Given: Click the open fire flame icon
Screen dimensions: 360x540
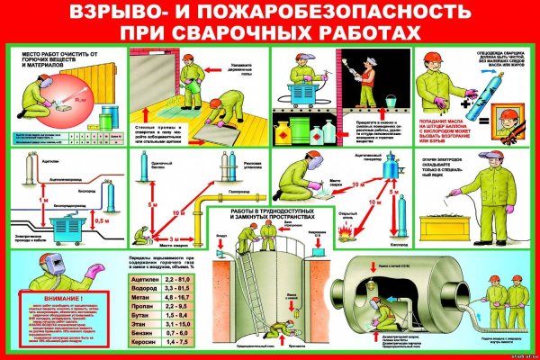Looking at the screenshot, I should pyautogui.click(x=344, y=232).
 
